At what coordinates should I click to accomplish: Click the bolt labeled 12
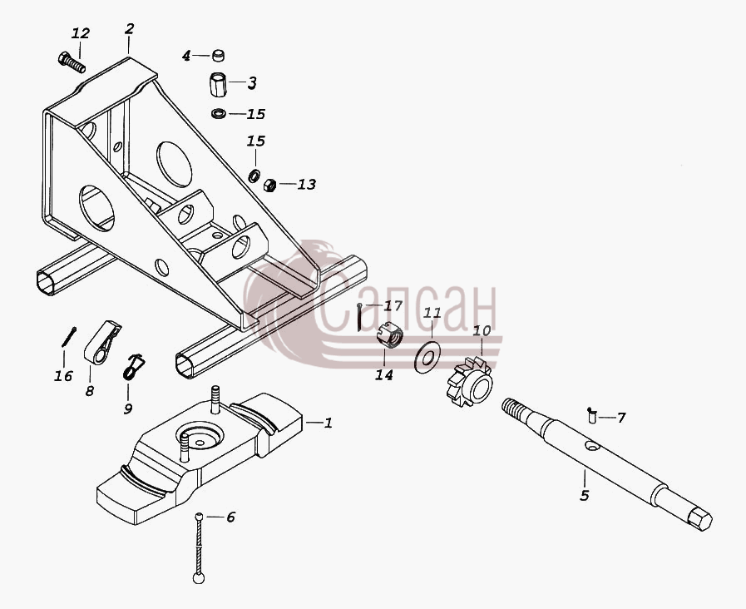pyautogui.click(x=72, y=62)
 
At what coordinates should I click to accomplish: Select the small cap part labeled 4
pyautogui.click(x=219, y=55)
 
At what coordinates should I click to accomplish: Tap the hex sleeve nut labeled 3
pyautogui.click(x=218, y=84)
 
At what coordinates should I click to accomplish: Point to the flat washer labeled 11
pyautogui.click(x=427, y=356)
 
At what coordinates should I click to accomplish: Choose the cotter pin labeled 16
pyautogui.click(x=69, y=336)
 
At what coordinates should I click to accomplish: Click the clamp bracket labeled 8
pyautogui.click(x=102, y=342)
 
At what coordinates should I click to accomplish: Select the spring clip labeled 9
pyautogui.click(x=133, y=366)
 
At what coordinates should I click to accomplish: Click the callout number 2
pyautogui.click(x=130, y=28)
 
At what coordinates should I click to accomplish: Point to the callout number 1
pyautogui.click(x=329, y=423)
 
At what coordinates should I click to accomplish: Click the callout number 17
pyautogui.click(x=393, y=305)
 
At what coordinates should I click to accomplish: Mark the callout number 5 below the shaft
pyautogui.click(x=585, y=495)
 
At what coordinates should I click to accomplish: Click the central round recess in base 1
pyautogui.click(x=200, y=435)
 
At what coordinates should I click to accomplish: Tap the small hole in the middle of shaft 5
pyautogui.click(x=592, y=446)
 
